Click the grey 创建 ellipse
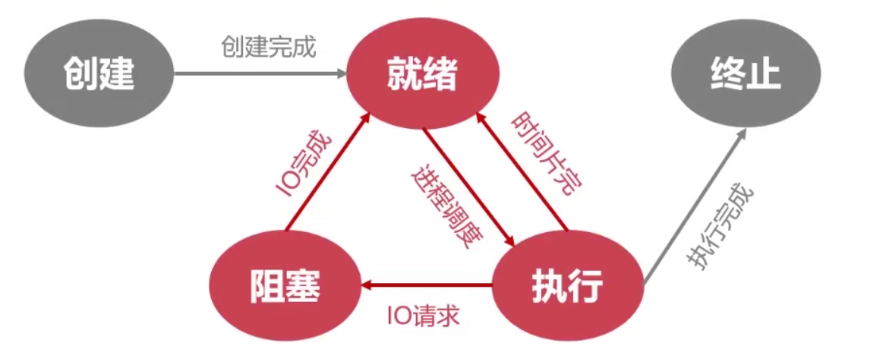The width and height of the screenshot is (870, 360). click(x=99, y=75)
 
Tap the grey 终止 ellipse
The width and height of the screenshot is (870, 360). click(x=745, y=75)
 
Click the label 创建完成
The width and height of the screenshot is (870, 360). click(x=269, y=47)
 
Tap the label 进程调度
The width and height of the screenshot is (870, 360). click(x=443, y=203)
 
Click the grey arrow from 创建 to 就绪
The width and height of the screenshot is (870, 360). click(x=260, y=74)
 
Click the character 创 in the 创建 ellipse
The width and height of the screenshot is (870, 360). click(x=80, y=75)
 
